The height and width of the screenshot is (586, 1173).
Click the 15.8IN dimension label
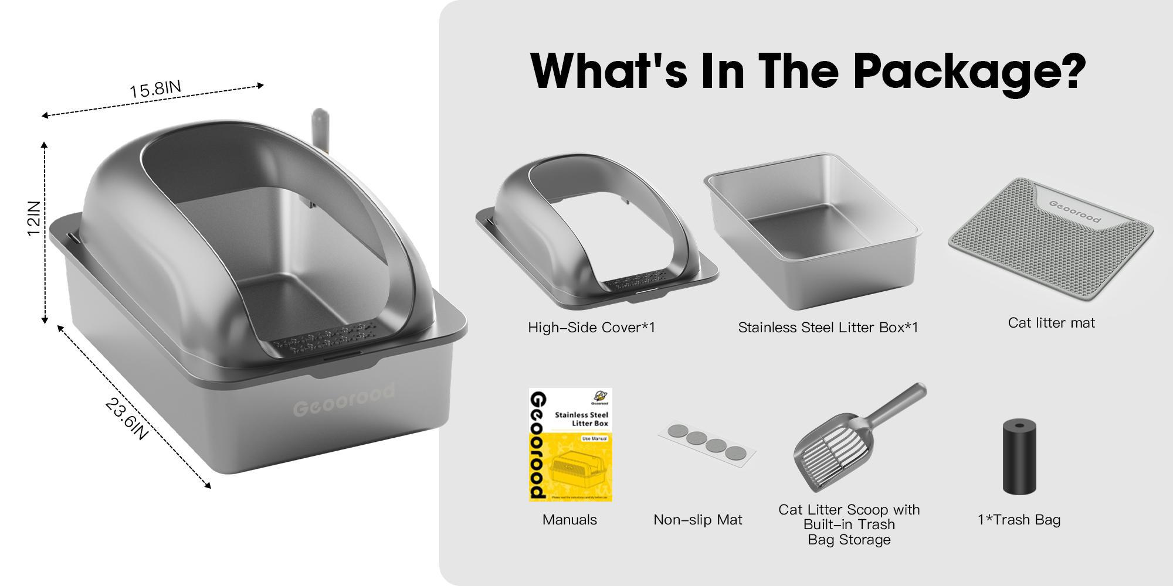[155, 89]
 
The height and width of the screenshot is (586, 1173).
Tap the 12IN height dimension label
[35, 219]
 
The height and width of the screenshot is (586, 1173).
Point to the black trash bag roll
[1019, 456]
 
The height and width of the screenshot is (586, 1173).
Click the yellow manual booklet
[570, 444]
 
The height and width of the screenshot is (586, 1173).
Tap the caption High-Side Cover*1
[591, 328]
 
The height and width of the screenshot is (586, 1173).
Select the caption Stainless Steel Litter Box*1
[828, 328]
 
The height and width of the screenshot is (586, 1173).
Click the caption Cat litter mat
[1051, 323]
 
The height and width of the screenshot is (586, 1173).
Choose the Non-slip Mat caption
[697, 520]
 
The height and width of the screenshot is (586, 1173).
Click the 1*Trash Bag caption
[1019, 520]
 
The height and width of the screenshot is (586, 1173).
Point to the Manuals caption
[569, 520]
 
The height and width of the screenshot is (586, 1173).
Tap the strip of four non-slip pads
[707, 443]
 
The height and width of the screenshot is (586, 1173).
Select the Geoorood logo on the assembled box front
[344, 399]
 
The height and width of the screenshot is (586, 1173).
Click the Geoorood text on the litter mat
[1074, 211]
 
